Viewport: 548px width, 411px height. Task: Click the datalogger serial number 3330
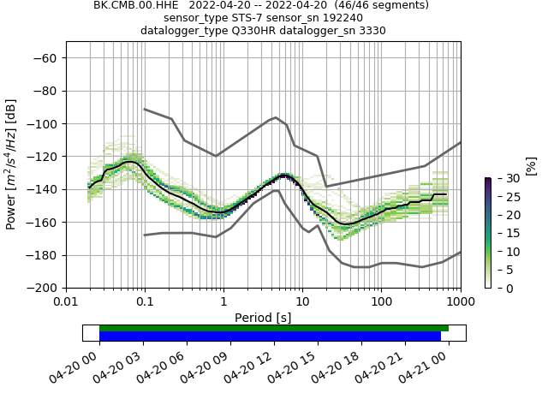(x=369, y=31)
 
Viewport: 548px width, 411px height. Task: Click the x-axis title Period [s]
(x=263, y=317)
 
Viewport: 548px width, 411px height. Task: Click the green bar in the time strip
(x=274, y=328)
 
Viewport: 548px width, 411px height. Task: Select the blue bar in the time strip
(x=270, y=337)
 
